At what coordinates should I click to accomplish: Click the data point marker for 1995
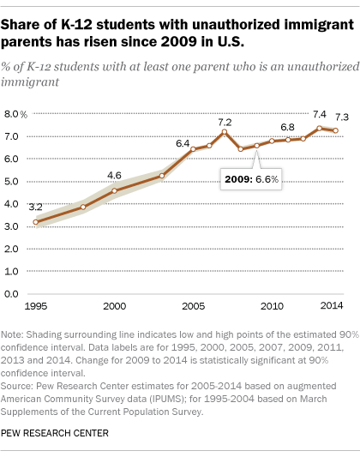point(35,222)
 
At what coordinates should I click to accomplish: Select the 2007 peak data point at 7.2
point(225,132)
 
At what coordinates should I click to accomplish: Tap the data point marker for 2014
point(335,130)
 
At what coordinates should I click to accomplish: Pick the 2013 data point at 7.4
point(319,129)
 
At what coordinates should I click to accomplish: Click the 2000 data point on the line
point(115,191)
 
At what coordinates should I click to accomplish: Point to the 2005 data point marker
point(193,149)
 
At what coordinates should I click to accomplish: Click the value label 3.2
point(35,207)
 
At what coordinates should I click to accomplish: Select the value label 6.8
point(287,128)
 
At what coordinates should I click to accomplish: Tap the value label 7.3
point(342,117)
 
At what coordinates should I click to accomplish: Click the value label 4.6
point(114,176)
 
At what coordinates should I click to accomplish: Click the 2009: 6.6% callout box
point(251,179)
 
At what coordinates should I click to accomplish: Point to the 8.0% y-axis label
point(15,114)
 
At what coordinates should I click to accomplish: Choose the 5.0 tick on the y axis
point(11,181)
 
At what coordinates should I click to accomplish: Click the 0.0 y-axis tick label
point(11,294)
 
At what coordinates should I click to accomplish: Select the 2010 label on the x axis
point(272,306)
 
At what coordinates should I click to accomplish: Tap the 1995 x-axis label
point(36,306)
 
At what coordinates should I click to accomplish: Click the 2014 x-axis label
point(332,305)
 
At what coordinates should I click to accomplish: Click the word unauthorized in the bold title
point(237,25)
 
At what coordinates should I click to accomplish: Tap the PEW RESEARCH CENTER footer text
point(55,433)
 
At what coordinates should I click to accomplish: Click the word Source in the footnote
point(16,386)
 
